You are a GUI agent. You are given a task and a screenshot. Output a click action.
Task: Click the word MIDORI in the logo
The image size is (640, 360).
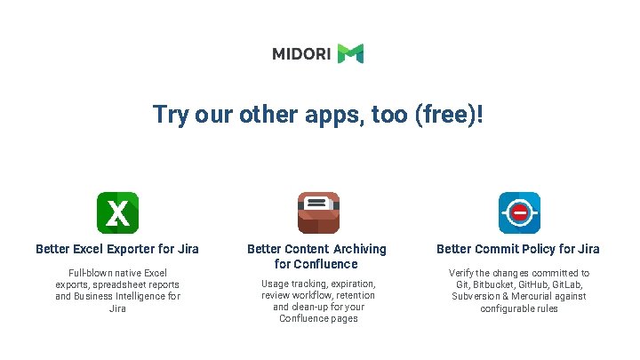pyautogui.click(x=301, y=54)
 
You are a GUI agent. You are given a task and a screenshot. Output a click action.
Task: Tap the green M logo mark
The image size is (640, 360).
pyautogui.click(x=350, y=54)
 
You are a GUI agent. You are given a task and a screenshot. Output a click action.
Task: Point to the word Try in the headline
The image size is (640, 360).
pyautogui.click(x=169, y=115)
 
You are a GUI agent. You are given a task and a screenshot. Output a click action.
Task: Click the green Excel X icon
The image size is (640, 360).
pyautogui.click(x=117, y=212)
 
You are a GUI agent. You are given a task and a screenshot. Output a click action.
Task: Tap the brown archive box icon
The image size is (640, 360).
pyautogui.click(x=317, y=212)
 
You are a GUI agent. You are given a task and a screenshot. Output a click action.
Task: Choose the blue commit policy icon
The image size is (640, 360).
pyautogui.click(x=518, y=212)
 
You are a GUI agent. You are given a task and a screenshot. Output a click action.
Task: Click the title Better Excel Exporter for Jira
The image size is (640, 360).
pyautogui.click(x=117, y=249)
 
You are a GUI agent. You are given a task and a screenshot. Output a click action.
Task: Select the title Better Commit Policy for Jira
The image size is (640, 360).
pyautogui.click(x=518, y=249)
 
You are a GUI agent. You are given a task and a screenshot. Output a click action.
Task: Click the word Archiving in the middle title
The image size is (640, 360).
pyautogui.click(x=358, y=249)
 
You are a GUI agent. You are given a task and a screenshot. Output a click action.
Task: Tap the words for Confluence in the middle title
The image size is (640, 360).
pyautogui.click(x=316, y=264)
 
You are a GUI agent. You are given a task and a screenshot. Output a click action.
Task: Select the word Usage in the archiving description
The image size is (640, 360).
pyautogui.click(x=275, y=284)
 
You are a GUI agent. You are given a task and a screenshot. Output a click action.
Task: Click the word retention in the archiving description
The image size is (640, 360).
pyautogui.click(x=354, y=295)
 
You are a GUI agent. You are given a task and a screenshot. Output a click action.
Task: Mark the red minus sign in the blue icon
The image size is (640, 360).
pyautogui.click(x=518, y=213)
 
